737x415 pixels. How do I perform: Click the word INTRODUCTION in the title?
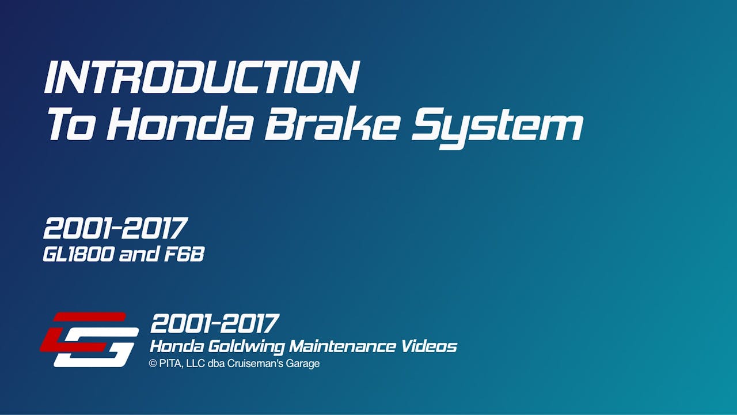[202, 77]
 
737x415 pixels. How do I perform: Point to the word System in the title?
[496, 127]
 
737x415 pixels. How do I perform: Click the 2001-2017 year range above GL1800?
[115, 229]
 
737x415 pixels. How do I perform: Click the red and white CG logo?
[89, 339]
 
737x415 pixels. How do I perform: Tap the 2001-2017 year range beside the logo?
[215, 324]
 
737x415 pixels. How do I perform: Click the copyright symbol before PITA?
[153, 364]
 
